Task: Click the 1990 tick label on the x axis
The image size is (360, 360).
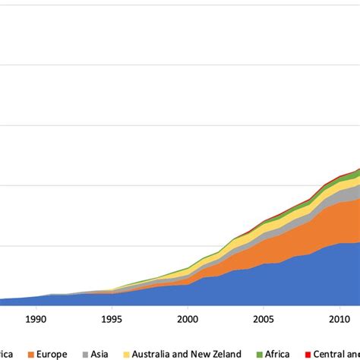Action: (x=36, y=320)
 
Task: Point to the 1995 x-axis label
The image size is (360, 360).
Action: (x=112, y=320)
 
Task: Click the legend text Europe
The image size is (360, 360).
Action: (x=51, y=353)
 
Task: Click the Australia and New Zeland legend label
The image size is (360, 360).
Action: (x=187, y=353)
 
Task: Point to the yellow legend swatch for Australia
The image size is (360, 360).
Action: (x=125, y=353)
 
